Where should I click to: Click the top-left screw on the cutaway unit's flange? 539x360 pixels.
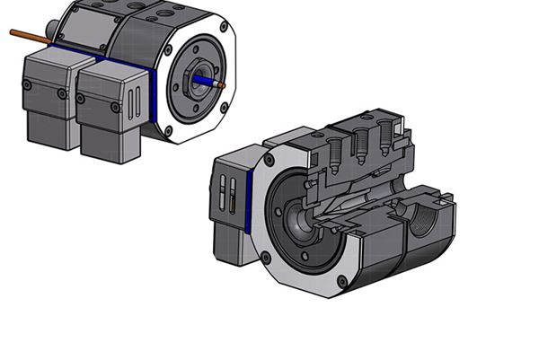[x=268, y=162]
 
